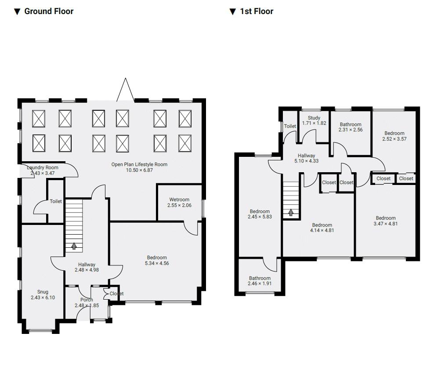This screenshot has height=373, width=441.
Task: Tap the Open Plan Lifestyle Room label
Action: [139, 164]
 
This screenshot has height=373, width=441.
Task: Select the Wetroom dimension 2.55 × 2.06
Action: [180, 205]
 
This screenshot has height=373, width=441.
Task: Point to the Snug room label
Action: [43, 292]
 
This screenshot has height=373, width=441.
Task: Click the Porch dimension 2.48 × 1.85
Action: [87, 305]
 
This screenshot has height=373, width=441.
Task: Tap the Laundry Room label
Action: [43, 167]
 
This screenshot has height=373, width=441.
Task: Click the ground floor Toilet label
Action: [56, 201]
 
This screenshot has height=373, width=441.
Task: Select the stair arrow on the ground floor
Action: [74, 246]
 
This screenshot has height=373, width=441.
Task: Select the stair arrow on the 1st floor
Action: [291, 212]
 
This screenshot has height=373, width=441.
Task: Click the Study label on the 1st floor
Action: [314, 118]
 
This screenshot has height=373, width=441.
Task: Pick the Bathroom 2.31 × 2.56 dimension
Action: [351, 130]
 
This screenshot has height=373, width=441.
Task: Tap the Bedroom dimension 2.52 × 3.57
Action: [394, 139]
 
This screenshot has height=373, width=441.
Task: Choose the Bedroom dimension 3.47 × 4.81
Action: [386, 224]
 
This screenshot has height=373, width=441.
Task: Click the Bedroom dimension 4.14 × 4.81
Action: [322, 230]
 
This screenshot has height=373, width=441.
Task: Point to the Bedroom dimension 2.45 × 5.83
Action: [260, 217]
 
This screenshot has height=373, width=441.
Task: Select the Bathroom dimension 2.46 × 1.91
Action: [260, 283]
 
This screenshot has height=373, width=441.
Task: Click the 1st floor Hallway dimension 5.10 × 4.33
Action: [306, 161]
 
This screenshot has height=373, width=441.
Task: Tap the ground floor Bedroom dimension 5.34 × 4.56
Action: [157, 263]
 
